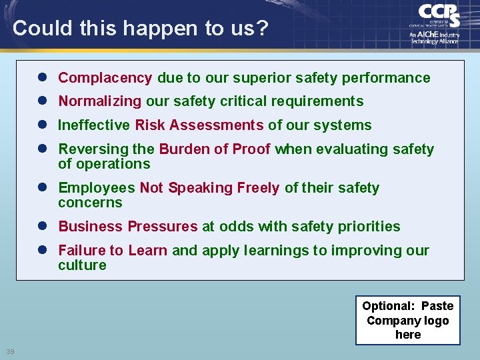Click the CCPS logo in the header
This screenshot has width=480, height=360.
coord(438,15)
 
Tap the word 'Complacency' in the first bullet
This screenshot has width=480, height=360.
coord(105,78)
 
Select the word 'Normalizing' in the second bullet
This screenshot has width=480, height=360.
coord(100,101)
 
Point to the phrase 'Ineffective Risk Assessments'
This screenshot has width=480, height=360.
coord(161,125)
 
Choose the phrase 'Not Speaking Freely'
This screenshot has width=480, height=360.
coord(209,188)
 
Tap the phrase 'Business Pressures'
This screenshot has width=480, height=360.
coord(128,227)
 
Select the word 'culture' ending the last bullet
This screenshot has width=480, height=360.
coord(82,265)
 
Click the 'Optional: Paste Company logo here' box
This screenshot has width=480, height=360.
coord(407,320)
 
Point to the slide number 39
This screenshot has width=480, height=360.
coord(10,352)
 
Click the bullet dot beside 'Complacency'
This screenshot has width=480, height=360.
coord(42,78)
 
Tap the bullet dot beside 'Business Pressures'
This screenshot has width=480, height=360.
coord(42,227)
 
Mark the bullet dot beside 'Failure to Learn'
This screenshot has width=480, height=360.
coord(42,251)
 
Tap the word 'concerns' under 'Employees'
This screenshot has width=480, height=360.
coord(90,203)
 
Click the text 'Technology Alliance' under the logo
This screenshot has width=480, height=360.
coord(433,41)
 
